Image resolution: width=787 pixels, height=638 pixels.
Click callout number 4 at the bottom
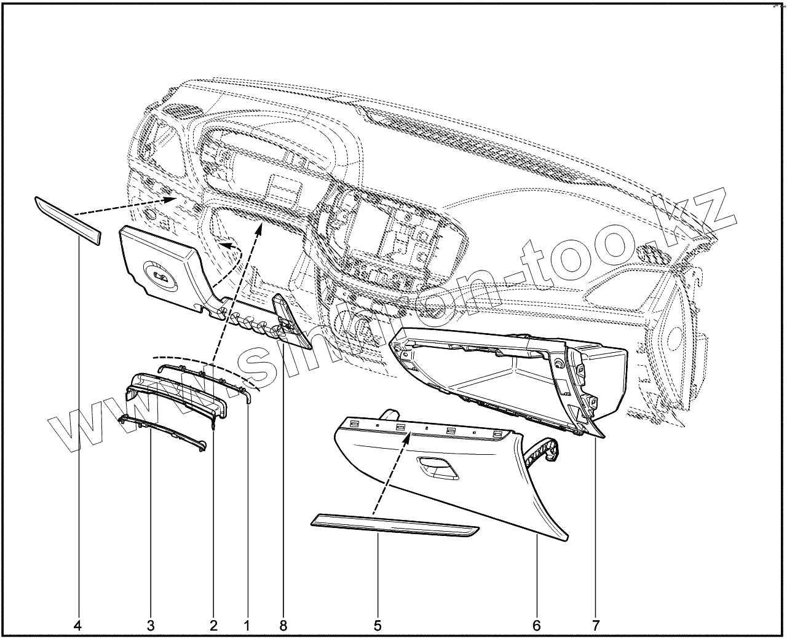[x=77, y=626]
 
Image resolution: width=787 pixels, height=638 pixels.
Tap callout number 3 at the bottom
[x=151, y=626]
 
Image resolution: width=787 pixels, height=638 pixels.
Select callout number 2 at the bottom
[x=213, y=626]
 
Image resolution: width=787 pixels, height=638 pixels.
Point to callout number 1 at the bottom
[x=247, y=626]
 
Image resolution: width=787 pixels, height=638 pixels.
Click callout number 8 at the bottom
[x=283, y=626]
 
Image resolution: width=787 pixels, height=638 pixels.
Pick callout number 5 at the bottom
[x=378, y=626]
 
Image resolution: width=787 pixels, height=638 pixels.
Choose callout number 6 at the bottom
[x=536, y=626]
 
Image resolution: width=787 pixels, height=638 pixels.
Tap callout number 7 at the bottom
[x=596, y=626]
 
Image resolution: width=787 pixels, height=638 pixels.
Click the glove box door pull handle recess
[x=437, y=468]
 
